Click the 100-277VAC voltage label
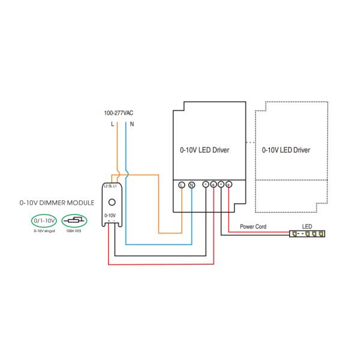click(119, 113)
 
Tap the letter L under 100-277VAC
click(112, 124)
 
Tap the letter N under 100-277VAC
click(131, 124)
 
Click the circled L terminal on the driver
click(182, 185)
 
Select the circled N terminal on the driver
click(191, 185)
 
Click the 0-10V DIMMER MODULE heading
click(56, 203)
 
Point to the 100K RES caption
click(75, 231)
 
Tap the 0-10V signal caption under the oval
click(44, 231)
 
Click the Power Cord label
click(253, 227)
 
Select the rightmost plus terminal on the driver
click(229, 185)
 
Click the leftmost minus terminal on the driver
click(206, 185)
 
